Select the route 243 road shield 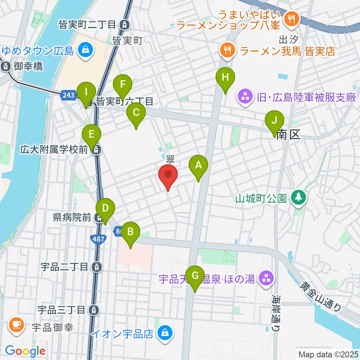click(69, 95)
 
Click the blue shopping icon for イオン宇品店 click(164, 332)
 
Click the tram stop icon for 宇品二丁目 click(97, 267)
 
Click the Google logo click(25, 351)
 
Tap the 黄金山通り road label click(321, 296)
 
